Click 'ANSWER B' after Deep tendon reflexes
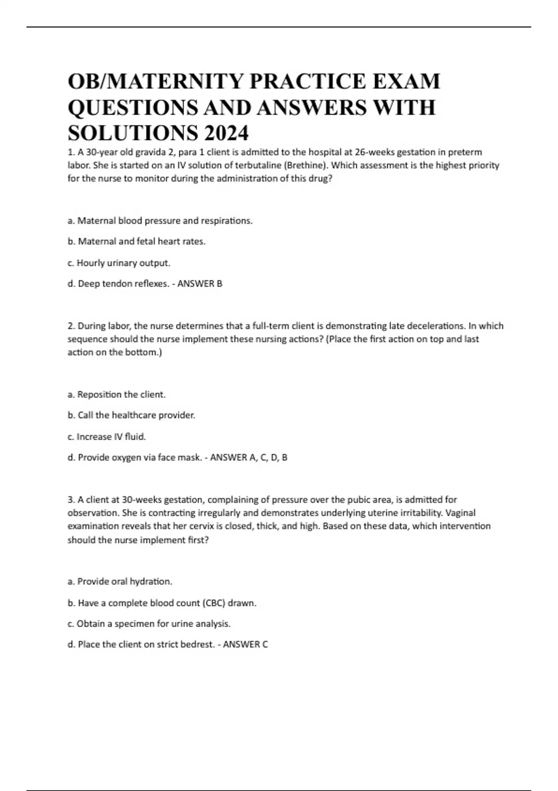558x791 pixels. click(200, 284)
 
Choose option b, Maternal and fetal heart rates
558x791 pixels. click(137, 241)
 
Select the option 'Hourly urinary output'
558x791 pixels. click(119, 263)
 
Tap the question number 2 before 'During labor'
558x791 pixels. click(70, 326)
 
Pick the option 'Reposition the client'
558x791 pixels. click(117, 395)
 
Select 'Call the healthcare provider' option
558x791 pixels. click(132, 415)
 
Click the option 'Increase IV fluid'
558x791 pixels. click(107, 436)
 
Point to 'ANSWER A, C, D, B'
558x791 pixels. click(249, 457)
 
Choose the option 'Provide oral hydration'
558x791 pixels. click(120, 582)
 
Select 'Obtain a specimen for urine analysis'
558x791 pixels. click(149, 623)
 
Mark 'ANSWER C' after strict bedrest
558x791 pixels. click(246, 644)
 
